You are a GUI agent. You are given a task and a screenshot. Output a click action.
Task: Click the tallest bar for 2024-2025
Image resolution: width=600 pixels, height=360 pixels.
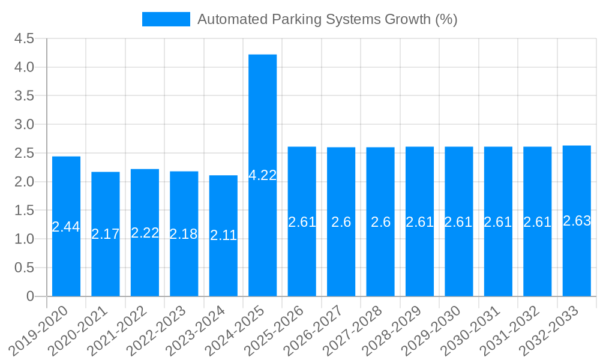[263, 120]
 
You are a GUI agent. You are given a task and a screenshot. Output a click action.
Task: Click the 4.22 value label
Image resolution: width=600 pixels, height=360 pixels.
[263, 175]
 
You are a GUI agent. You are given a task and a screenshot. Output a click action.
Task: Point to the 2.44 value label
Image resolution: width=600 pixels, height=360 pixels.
[66, 227]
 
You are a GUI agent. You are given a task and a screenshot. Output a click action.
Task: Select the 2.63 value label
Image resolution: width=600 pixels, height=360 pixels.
[577, 221]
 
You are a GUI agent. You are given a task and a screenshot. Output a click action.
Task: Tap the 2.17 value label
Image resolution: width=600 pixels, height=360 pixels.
[106, 234]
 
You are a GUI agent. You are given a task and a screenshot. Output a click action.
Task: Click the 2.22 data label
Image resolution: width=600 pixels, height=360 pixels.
[145, 233]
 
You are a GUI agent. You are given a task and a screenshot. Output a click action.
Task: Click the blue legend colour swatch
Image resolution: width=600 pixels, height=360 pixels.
[166, 19]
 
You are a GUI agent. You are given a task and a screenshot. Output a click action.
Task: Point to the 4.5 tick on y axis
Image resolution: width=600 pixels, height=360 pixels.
[25, 38]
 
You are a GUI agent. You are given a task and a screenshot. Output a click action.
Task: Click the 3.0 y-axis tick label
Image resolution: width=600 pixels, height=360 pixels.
[25, 124]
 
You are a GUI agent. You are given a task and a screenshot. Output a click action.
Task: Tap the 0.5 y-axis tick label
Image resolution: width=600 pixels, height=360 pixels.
[25, 268]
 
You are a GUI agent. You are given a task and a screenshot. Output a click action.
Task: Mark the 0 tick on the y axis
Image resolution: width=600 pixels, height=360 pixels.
[31, 296]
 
